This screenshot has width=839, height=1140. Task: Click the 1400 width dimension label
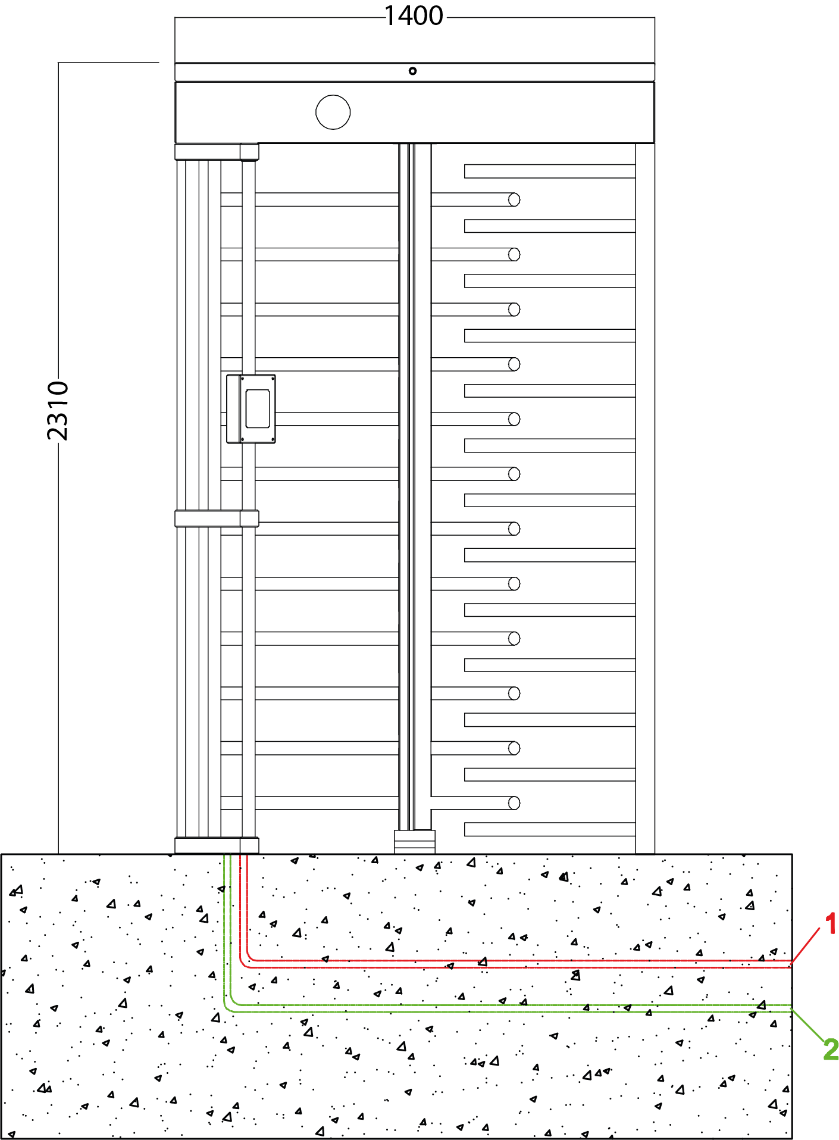pyautogui.click(x=414, y=15)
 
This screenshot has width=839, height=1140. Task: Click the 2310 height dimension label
pyautogui.click(x=58, y=411)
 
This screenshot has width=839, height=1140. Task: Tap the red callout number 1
pyautogui.click(x=831, y=923)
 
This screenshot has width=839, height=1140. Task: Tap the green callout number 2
pyautogui.click(x=831, y=1049)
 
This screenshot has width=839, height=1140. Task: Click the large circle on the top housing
pyautogui.click(x=333, y=112)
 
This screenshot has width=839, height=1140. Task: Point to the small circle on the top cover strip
pyautogui.click(x=412, y=71)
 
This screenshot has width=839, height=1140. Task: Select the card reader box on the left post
pyautogui.click(x=251, y=409)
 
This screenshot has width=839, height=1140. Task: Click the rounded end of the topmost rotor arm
pyautogui.click(x=515, y=199)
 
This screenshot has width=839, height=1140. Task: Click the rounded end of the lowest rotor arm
pyautogui.click(x=515, y=803)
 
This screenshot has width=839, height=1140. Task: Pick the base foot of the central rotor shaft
pyautogui.click(x=415, y=842)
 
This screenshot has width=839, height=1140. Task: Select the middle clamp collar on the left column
pyautogui.click(x=217, y=519)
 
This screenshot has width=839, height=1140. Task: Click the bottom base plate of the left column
pyautogui.click(x=217, y=845)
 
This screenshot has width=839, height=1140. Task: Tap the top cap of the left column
pyautogui.click(x=217, y=152)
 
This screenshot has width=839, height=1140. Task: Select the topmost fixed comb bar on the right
pyautogui.click(x=550, y=171)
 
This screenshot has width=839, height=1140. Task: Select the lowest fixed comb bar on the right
pyautogui.click(x=550, y=829)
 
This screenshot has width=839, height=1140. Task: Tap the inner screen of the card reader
pyautogui.click(x=258, y=408)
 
